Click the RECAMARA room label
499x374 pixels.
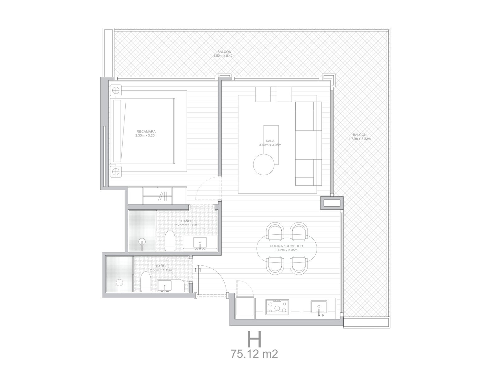(146, 132)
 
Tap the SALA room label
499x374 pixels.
(270, 141)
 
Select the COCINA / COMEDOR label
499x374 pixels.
(286, 246)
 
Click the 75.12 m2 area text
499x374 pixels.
(254, 354)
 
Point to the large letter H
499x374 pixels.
(254, 339)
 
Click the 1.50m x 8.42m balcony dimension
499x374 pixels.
(224, 56)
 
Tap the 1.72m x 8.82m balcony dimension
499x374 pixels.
(360, 139)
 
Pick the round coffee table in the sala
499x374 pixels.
(264, 165)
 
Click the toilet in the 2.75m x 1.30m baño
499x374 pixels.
(169, 241)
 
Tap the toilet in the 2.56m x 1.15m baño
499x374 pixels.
(145, 282)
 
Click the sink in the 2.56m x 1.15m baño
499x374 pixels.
(165, 285)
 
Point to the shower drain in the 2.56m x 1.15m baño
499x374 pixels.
(119, 282)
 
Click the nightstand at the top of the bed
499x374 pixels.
(116, 90)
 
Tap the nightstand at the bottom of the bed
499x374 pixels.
(116, 171)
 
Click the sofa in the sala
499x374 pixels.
(308, 143)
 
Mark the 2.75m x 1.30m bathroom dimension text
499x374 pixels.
(186, 225)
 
